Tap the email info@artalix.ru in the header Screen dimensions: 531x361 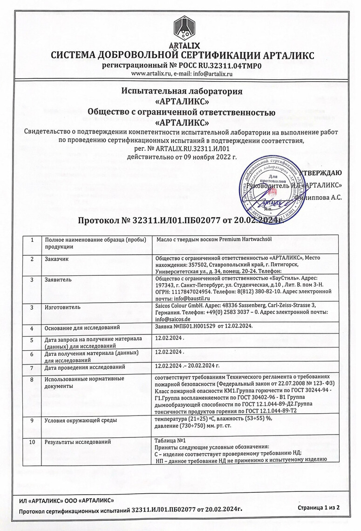coord(212,74)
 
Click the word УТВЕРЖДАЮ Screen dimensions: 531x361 coord(320,173)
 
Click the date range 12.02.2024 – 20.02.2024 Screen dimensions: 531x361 coord(187,366)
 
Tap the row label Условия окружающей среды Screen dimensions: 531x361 coord(80,421)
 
